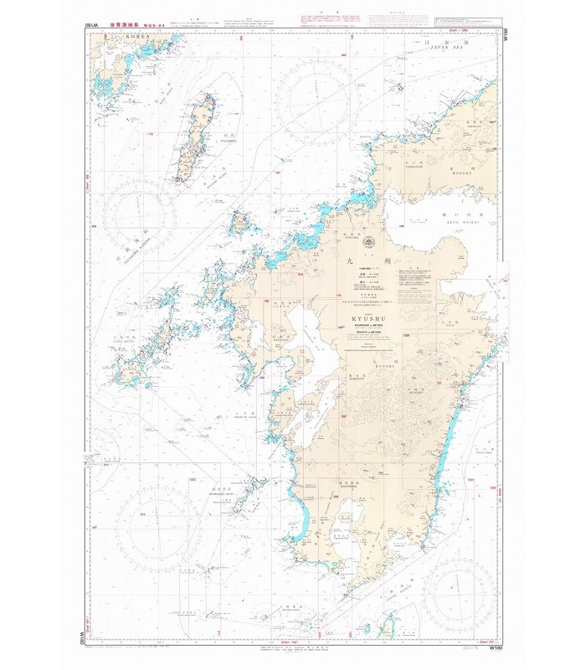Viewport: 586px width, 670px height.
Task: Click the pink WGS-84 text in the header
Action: (x=157, y=25)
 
